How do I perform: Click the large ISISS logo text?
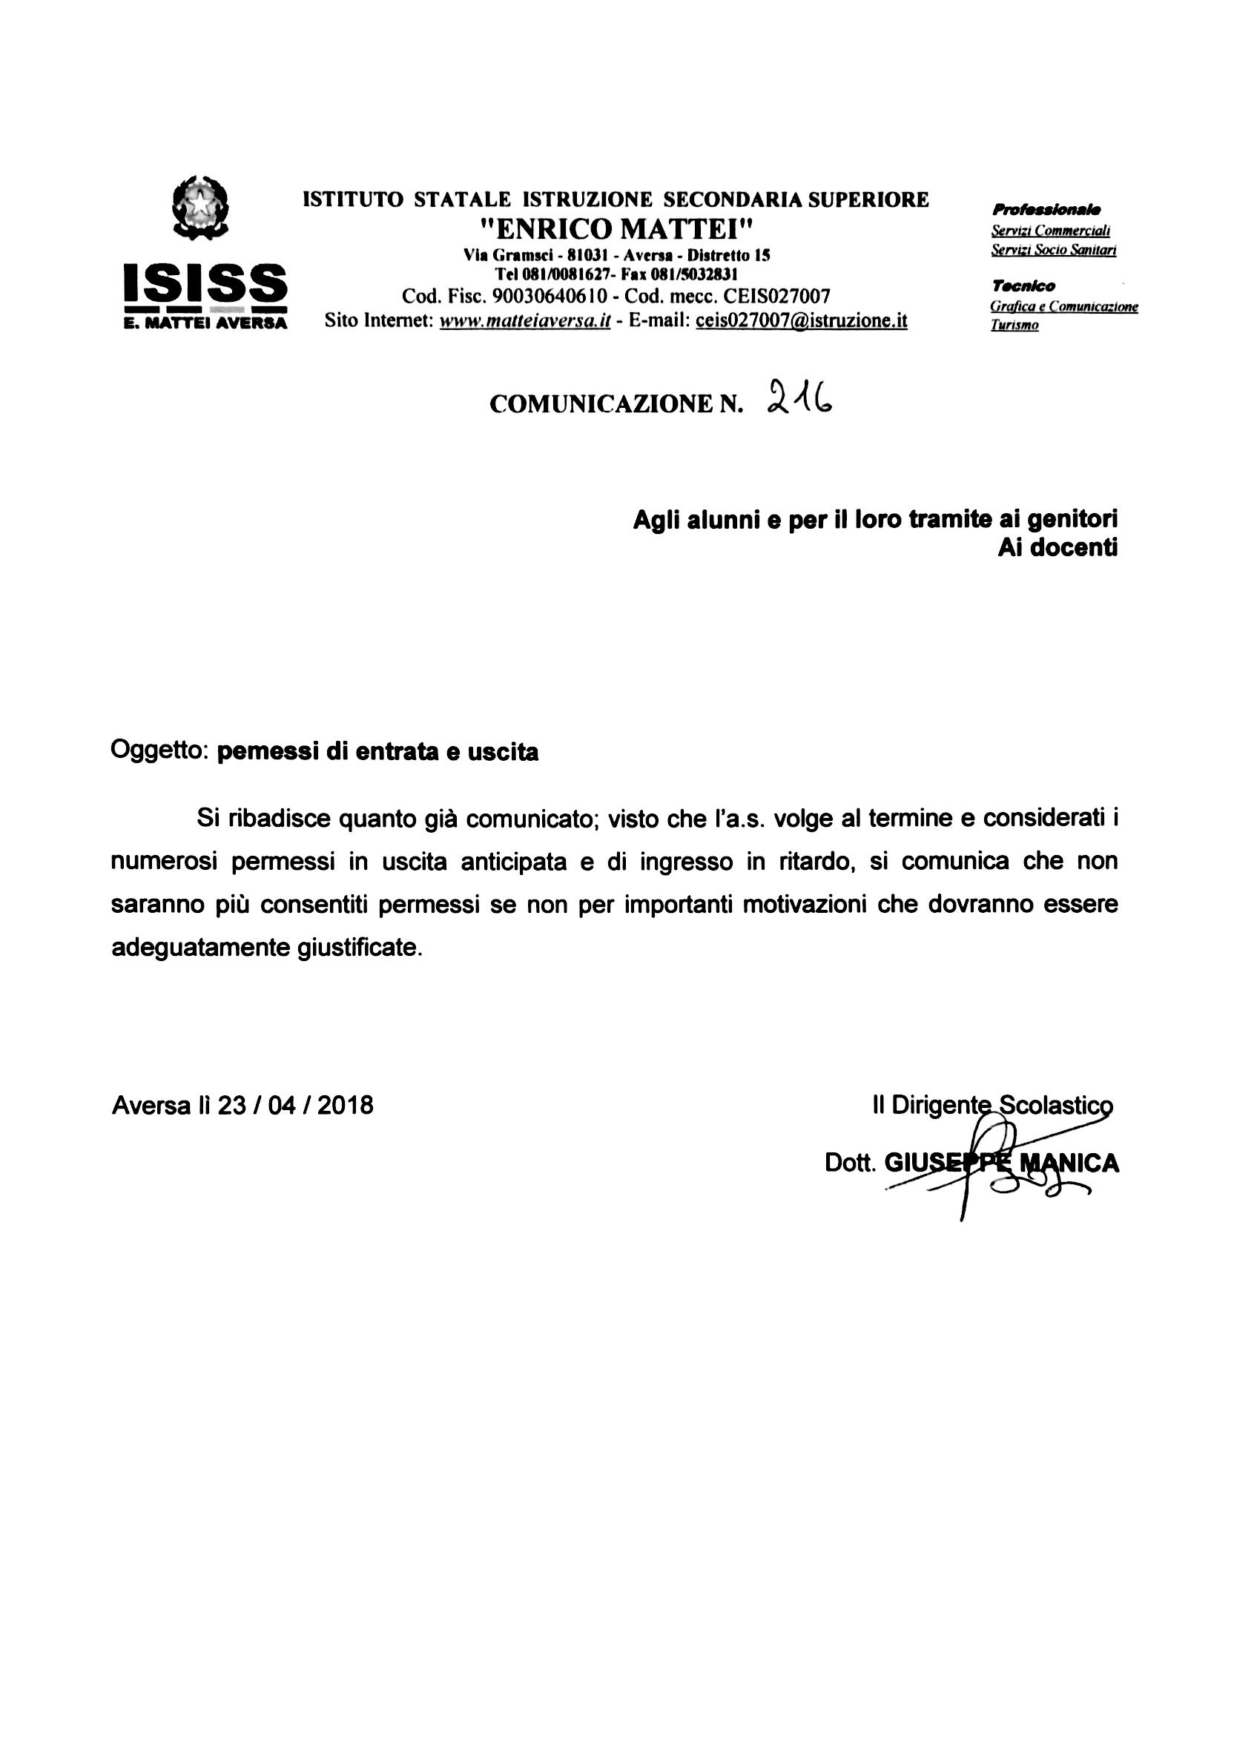pyautogui.click(x=205, y=283)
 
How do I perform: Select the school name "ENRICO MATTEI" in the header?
pyautogui.click(x=616, y=228)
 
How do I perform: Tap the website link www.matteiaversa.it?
pyautogui.click(x=525, y=320)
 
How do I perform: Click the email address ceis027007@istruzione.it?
pyautogui.click(x=801, y=320)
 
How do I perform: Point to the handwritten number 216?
pyautogui.click(x=798, y=398)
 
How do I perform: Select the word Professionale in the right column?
pyautogui.click(x=1045, y=210)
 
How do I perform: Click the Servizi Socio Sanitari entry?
pyautogui.click(x=1053, y=250)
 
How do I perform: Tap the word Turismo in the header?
pyautogui.click(x=1014, y=326)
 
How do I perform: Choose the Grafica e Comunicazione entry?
pyautogui.click(x=1063, y=307)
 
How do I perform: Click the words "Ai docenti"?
pyautogui.click(x=1057, y=547)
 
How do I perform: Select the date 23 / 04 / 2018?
pyautogui.click(x=295, y=1106)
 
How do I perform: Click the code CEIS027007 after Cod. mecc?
pyautogui.click(x=776, y=296)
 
